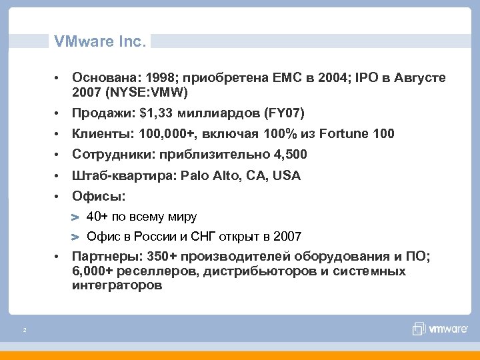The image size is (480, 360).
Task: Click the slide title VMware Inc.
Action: pos(99,41)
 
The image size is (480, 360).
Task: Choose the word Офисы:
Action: pos(99,197)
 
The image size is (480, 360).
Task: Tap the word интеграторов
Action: pos(117,285)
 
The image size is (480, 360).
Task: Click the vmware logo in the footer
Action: pos(437,328)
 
